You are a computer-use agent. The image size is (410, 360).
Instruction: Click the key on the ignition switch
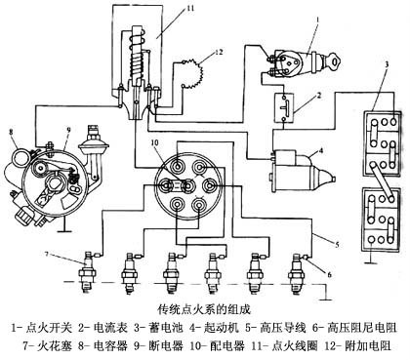coord(335,60)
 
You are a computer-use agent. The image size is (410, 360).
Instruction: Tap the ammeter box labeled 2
coord(284,108)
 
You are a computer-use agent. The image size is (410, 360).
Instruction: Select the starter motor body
coord(301,170)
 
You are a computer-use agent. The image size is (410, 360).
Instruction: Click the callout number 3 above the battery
coord(387,64)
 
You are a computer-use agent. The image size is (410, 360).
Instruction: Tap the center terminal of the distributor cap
coord(188,185)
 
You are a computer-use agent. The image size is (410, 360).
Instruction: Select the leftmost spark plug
coord(88,271)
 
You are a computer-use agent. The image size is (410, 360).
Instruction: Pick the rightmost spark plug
coord(297,273)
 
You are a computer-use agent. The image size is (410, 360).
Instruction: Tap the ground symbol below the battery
coord(369,260)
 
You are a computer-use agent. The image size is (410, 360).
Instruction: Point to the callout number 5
coord(338,244)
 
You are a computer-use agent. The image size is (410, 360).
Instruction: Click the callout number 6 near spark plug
coord(329,275)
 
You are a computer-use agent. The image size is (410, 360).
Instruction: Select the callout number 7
coord(48,254)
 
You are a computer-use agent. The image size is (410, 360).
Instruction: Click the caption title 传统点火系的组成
coord(204,309)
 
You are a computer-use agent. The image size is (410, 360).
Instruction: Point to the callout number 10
coord(155,143)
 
